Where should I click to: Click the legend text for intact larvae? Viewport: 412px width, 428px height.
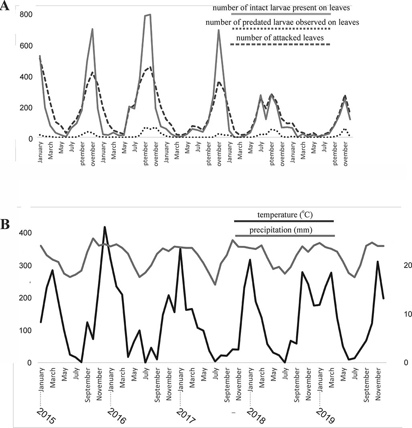[x=281, y=8]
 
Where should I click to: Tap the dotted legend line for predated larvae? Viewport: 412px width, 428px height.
[x=281, y=29]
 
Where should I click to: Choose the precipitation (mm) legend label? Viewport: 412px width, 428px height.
[x=281, y=230]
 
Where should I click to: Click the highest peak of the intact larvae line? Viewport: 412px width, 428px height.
[x=149, y=15]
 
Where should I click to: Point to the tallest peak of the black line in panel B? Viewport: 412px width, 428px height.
[x=105, y=227]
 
